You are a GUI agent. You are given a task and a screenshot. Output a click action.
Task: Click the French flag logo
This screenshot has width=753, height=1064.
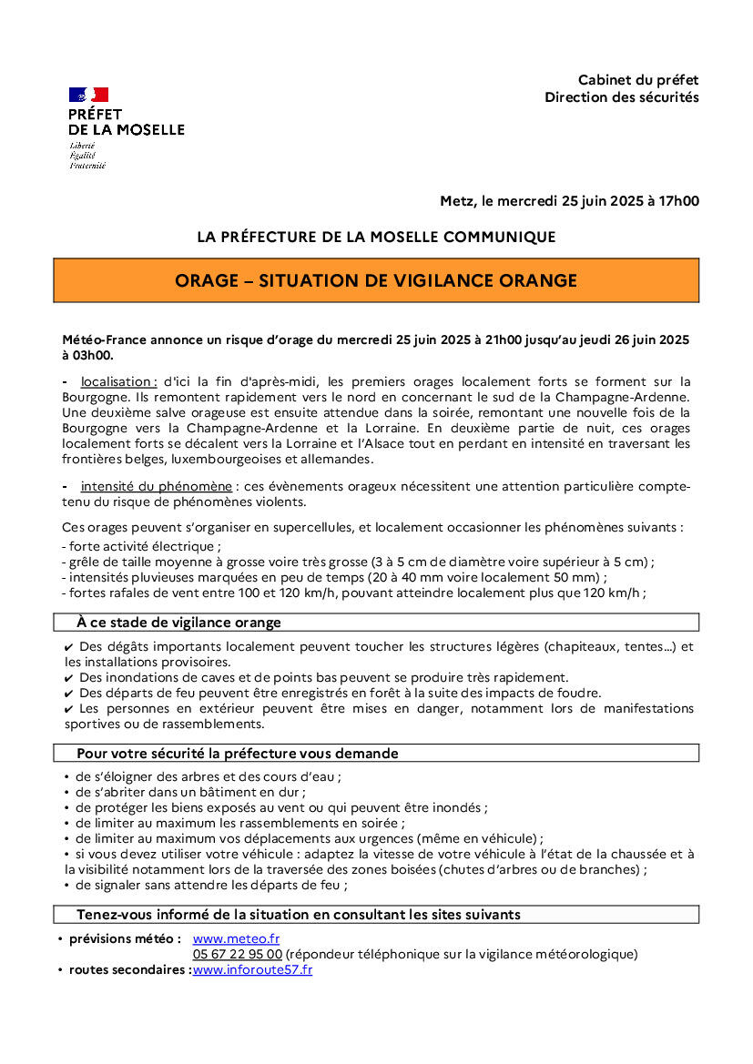tap(88, 95)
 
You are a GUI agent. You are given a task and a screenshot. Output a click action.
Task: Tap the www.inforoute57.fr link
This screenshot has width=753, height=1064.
tap(252, 969)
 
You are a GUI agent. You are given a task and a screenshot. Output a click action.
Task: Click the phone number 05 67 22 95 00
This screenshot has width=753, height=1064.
tap(237, 954)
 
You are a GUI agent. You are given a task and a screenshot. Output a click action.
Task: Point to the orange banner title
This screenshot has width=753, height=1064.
tap(376, 280)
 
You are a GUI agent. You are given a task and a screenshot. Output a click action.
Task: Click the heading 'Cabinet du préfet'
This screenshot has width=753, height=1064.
tap(638, 80)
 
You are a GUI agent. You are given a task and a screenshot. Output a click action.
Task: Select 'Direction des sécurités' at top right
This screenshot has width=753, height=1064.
tap(622, 96)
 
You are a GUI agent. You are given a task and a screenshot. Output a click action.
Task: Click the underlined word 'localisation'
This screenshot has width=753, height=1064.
tap(118, 381)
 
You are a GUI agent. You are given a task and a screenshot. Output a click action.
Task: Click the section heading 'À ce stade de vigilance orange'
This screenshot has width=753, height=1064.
tap(178, 623)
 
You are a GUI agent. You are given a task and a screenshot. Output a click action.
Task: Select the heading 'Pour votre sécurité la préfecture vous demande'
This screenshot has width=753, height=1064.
tap(238, 754)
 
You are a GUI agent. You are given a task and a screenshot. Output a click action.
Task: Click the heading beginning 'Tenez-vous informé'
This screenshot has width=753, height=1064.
tap(299, 914)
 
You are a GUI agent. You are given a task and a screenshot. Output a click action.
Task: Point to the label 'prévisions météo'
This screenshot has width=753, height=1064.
tap(125, 938)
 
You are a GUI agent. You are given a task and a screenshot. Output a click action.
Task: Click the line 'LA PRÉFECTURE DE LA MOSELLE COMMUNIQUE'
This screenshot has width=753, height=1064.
tap(376, 237)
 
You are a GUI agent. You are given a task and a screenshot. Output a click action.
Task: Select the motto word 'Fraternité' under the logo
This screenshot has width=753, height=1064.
tap(87, 166)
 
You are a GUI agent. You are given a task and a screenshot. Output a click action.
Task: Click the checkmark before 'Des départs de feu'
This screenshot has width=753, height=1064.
tap(69, 693)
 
